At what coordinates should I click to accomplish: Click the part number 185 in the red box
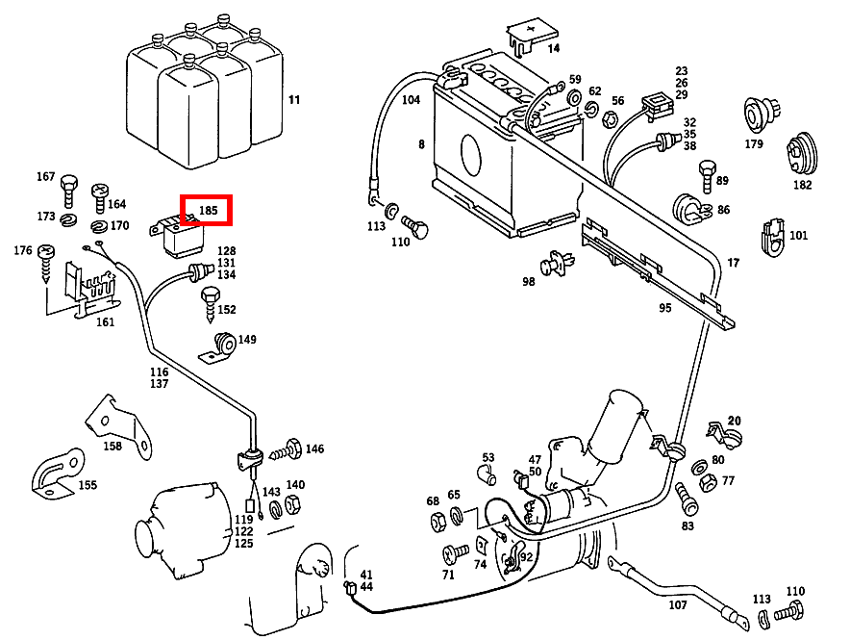click(x=209, y=210)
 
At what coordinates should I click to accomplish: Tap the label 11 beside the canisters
click(x=294, y=99)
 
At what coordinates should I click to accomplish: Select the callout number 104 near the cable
click(x=411, y=100)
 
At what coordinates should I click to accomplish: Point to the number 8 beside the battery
click(x=420, y=145)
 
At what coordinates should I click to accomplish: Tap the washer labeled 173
click(x=68, y=220)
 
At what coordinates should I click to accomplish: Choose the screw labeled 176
click(x=48, y=260)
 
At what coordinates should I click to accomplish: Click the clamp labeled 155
click(x=54, y=476)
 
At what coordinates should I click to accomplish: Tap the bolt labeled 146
click(x=287, y=449)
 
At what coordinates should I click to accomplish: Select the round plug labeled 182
click(x=800, y=154)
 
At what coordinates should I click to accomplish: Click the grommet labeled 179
click(x=755, y=114)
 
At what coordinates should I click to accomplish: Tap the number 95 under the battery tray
click(x=664, y=309)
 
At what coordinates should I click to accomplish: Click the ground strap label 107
click(x=678, y=605)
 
